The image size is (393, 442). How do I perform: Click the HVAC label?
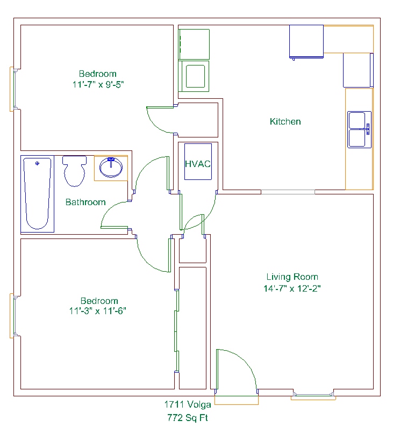coord(198,164)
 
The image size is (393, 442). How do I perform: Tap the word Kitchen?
coord(285,121)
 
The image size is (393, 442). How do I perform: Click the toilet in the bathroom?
coord(75,171)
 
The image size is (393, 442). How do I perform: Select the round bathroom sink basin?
coord(111,168)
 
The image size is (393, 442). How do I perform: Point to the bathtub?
coord(38,194)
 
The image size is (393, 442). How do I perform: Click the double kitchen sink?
coord(359,129)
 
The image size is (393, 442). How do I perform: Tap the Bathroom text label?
coord(85,202)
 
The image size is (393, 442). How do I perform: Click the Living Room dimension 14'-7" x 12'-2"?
coord(292,288)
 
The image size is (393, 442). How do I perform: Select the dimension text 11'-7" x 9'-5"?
coord(98,84)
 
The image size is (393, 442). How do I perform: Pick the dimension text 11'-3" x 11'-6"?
coord(98,311)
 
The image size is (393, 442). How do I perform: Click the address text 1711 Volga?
coord(188,404)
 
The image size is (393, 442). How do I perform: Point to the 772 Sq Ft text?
coord(188,417)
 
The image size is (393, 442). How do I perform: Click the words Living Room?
coord(292,277)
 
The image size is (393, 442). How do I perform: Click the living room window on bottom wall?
coord(313,395)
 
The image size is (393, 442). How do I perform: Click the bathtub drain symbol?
coord(37,163)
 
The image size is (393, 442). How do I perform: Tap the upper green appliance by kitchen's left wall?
coord(194,45)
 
